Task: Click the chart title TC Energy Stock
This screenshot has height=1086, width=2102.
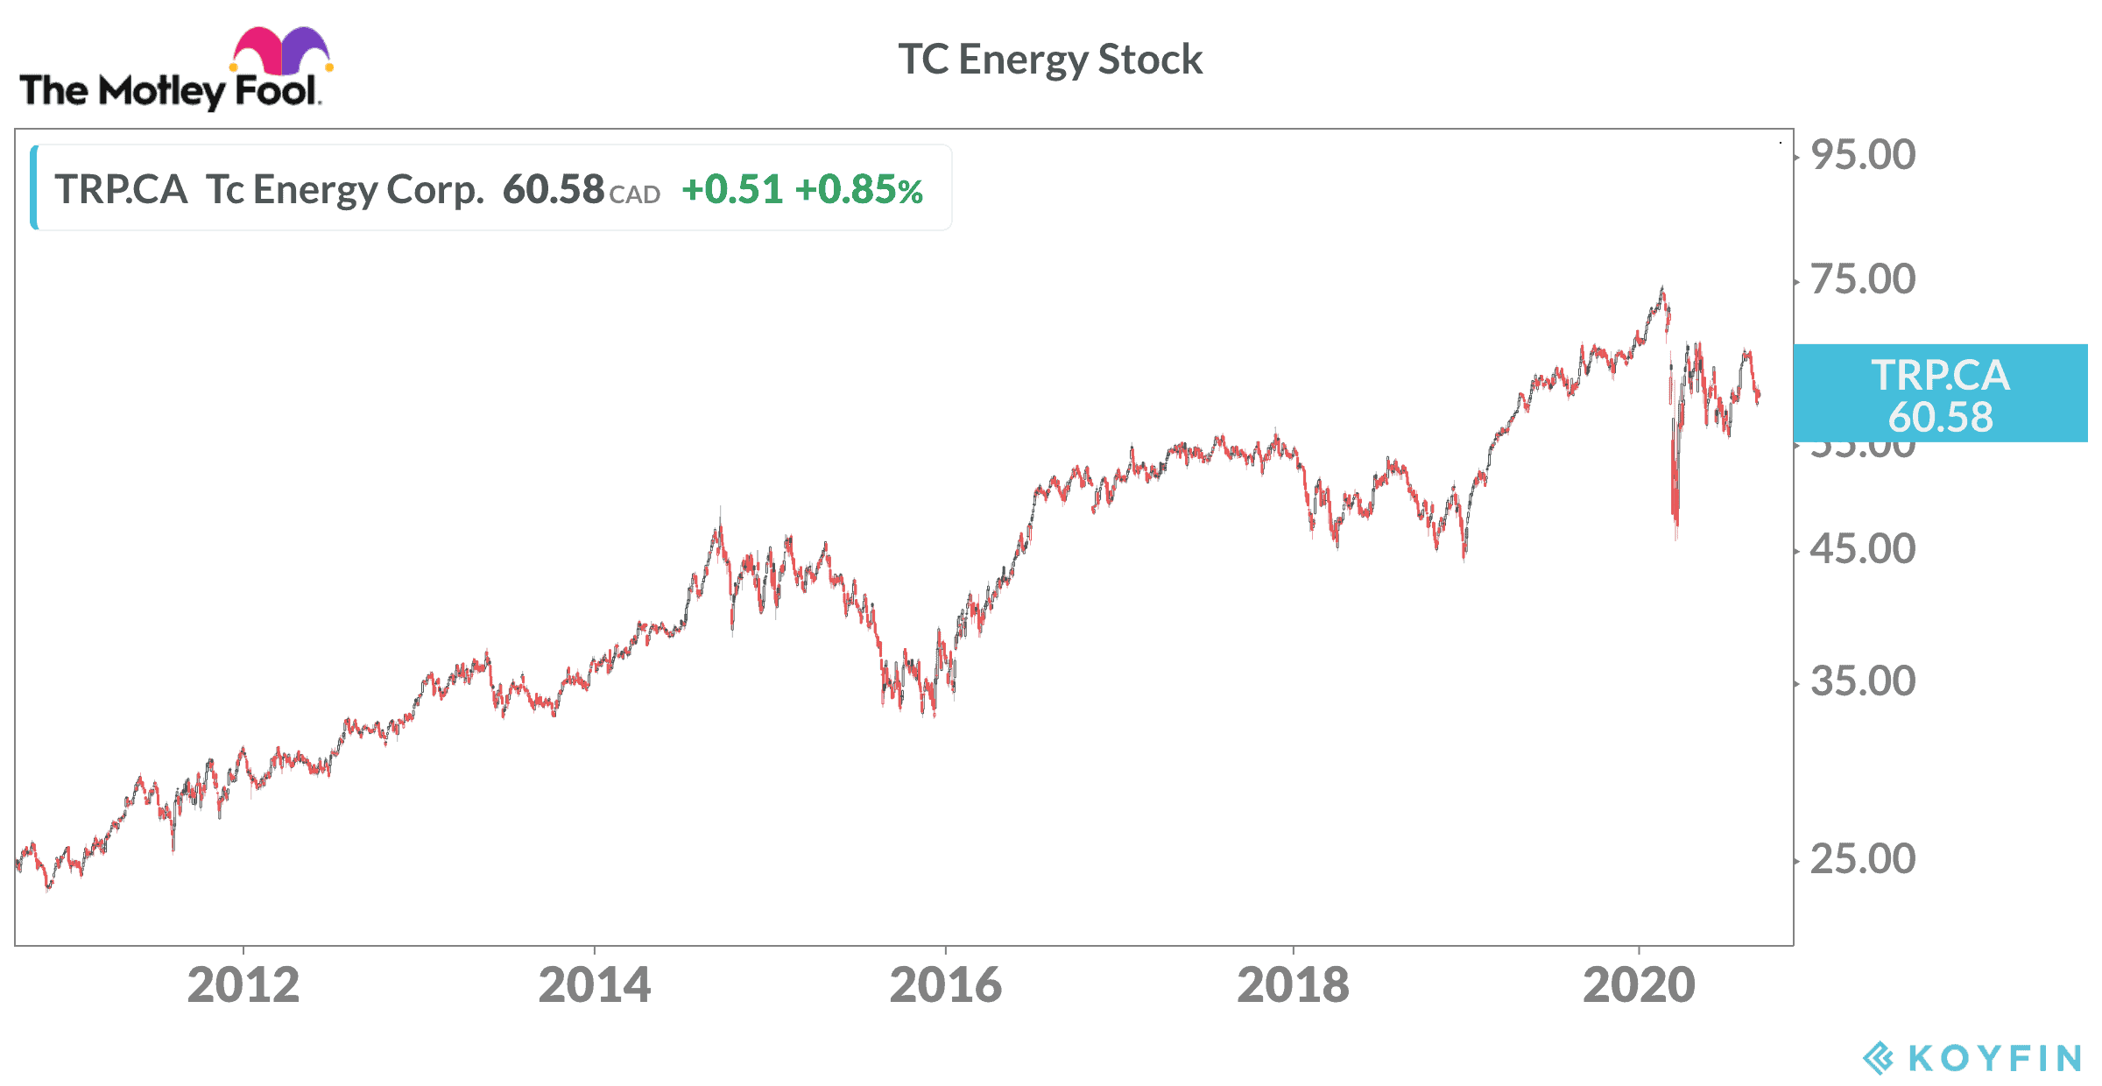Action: coord(1050,60)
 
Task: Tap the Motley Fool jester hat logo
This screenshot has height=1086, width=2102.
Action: coord(280,51)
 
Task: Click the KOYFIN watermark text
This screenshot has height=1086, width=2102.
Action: coord(1993,1058)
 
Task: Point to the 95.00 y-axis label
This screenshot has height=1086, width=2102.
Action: coord(1863,155)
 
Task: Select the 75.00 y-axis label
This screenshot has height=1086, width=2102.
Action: coord(1863,279)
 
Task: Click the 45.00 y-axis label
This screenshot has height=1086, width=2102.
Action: coord(1863,549)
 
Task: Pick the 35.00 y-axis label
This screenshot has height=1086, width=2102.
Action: coord(1863,681)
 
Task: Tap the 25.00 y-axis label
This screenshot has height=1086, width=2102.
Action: coord(1863,859)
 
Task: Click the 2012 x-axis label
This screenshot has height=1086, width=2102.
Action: coord(243,985)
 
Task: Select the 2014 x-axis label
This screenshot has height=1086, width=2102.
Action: coord(595,985)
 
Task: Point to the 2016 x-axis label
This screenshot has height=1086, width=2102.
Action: coord(945,985)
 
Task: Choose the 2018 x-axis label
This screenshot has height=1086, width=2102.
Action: coord(1293,985)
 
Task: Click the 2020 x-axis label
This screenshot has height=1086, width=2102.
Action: coord(1639,985)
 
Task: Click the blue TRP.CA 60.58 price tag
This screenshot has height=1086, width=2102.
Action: coord(1940,394)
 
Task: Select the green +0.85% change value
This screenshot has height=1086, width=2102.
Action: coord(859,189)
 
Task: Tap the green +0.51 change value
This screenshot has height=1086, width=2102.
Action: coord(732,189)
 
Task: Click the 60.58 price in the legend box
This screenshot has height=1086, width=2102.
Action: coord(554,189)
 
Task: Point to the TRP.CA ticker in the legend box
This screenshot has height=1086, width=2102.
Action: coord(121,189)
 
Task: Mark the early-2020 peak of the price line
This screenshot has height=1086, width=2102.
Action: coord(1661,289)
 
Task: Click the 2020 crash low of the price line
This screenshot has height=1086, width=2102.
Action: coord(1676,536)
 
